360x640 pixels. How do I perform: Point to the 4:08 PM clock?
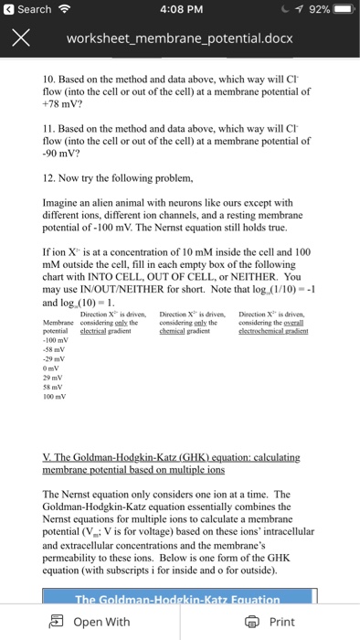(179, 9)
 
